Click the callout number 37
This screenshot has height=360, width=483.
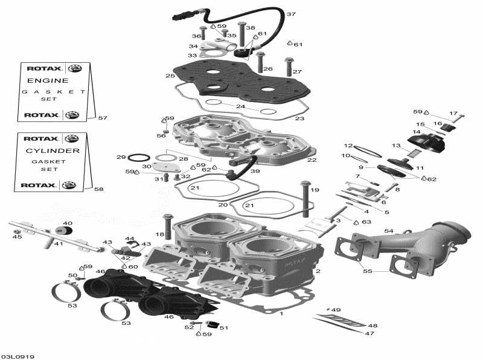[291, 14]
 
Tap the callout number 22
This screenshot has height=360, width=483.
[312, 160]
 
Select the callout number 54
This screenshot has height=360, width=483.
[389, 231]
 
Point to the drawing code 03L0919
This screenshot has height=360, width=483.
[18, 356]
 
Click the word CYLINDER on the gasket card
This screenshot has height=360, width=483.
[54, 150]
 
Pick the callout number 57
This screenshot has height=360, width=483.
[102, 118]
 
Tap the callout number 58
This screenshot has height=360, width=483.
[98, 189]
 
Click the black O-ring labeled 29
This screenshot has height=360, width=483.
[137, 158]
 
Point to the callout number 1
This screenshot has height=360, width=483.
[281, 314]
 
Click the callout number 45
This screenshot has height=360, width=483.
[17, 237]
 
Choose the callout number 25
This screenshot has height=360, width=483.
[170, 76]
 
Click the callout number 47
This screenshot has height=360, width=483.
[369, 333]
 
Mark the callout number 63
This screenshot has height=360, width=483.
[366, 222]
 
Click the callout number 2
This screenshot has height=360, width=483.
[318, 271]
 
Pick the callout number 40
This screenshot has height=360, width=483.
[67, 223]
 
